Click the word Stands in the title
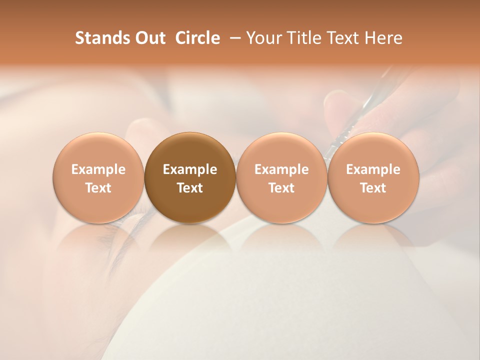[x=102, y=38]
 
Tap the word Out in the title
[x=149, y=38]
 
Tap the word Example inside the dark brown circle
[x=190, y=169]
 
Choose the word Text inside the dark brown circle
[x=190, y=188]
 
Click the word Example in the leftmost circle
[x=98, y=169]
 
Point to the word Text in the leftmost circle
[x=98, y=188]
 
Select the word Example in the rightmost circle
[x=373, y=169]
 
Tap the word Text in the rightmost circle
[x=373, y=188]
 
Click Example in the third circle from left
[x=281, y=169]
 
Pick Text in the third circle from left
[x=281, y=188]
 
